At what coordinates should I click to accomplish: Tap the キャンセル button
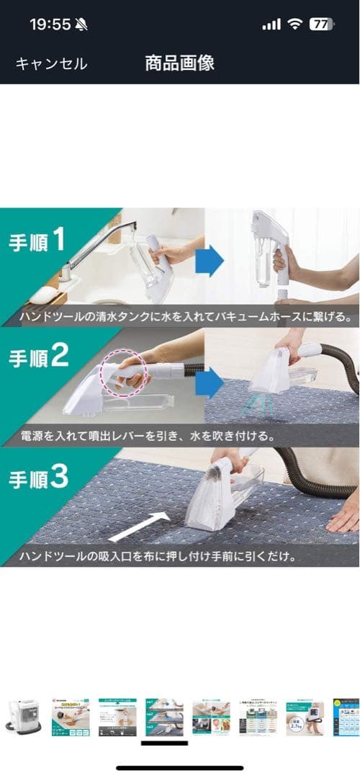pos(51,63)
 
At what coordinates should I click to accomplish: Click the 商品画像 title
pos(179,63)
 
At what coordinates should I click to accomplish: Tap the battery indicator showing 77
pos(320,24)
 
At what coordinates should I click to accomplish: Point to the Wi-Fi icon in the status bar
pos(294,24)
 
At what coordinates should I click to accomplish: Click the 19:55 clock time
pos(50,24)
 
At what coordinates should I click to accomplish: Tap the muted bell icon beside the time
pos(81,24)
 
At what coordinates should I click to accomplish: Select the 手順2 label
pos(38,357)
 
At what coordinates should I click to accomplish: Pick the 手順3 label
pos(38,476)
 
